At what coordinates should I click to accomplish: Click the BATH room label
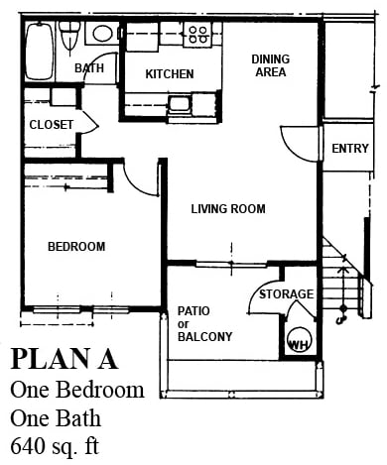point(89,68)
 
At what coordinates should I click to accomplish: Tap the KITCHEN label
point(169,74)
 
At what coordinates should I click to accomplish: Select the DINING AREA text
point(270,65)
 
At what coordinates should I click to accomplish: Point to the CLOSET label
point(51,124)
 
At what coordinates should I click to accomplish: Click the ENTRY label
point(350,149)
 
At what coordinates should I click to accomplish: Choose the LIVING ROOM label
point(228,208)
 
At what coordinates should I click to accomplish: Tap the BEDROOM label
point(76,246)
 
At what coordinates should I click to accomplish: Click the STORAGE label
point(287,294)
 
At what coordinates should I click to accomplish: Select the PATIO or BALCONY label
point(204,323)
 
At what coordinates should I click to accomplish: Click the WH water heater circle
point(298,343)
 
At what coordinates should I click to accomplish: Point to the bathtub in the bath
point(40,51)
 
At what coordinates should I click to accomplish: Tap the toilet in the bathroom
point(69,38)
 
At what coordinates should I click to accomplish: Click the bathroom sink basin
point(101,34)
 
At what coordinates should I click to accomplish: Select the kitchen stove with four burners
point(198,36)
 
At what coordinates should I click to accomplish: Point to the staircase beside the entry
point(342,278)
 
